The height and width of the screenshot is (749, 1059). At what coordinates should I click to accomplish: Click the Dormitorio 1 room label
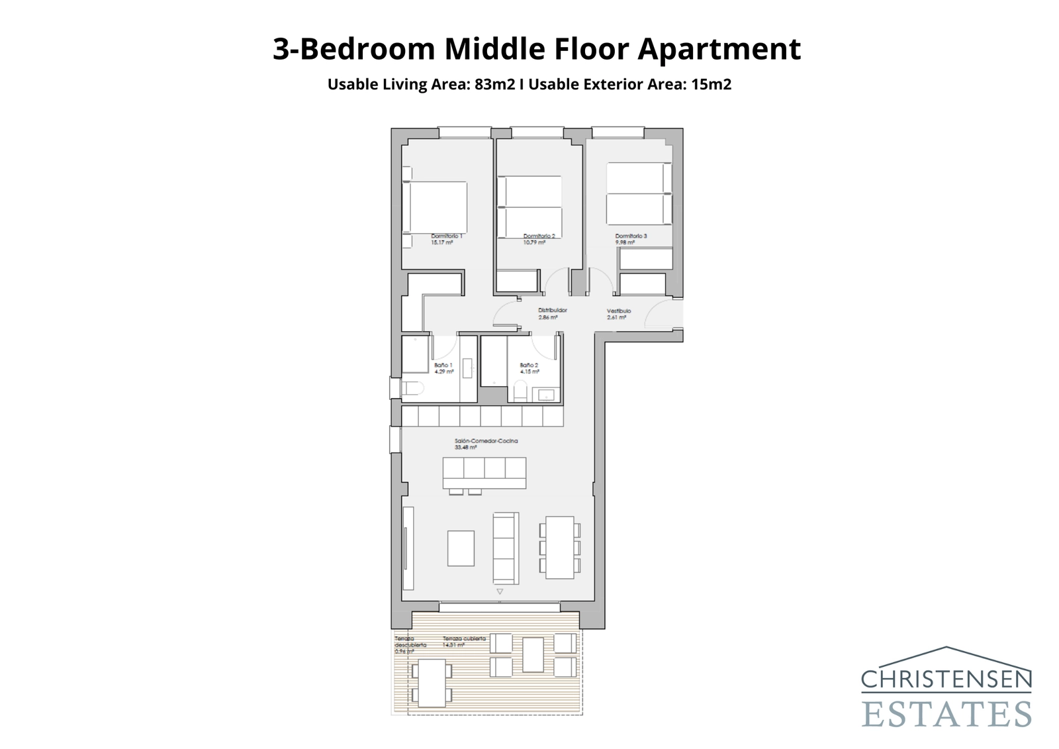pos(447,236)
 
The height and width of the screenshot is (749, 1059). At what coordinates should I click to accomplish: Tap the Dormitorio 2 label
pos(539,236)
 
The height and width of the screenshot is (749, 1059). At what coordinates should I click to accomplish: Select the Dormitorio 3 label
pos(631,236)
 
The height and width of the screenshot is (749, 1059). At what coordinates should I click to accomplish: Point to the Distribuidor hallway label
pos(552,311)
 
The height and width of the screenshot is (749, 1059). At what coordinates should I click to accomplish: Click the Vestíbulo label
pos(619,311)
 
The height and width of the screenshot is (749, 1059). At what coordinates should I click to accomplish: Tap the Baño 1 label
pos(443,366)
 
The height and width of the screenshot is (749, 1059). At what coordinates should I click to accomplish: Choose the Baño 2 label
pos(529,366)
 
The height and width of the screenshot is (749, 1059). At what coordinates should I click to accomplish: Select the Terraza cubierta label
pos(464,639)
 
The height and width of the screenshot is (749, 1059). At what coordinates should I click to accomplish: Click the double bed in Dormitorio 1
pos(434,207)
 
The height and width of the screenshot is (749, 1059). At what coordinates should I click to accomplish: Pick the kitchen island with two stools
pos(484,473)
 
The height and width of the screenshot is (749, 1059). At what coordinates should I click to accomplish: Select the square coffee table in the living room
pos(461,548)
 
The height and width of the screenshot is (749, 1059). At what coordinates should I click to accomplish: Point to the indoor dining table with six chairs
pos(559,548)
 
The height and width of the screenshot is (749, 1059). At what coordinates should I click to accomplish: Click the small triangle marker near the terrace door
pos(500,591)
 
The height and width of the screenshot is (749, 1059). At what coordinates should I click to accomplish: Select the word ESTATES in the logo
pos(946,715)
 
